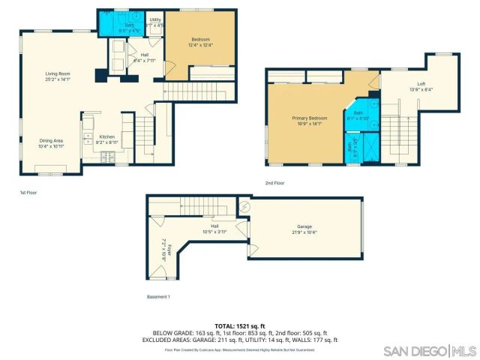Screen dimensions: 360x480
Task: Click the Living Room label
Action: click(x=57, y=73)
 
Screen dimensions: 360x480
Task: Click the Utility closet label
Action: click(x=155, y=21)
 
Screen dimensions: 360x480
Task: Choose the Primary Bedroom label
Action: click(x=310, y=118)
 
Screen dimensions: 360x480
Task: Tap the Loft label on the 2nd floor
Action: click(x=421, y=84)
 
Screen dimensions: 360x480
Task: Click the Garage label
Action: click(x=304, y=226)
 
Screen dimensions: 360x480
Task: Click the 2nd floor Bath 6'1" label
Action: click(x=356, y=115)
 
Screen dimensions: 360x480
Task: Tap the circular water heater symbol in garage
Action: click(x=243, y=206)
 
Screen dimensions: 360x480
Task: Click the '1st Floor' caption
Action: click(x=28, y=193)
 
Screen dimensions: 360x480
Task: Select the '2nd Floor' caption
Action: click(x=275, y=182)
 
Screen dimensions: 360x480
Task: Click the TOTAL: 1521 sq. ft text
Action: click(x=240, y=325)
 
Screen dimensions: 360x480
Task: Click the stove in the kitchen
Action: click(x=108, y=157)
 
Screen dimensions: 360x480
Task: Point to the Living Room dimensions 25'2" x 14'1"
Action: click(x=57, y=78)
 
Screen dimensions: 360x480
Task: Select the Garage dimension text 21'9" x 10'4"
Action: click(x=304, y=232)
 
